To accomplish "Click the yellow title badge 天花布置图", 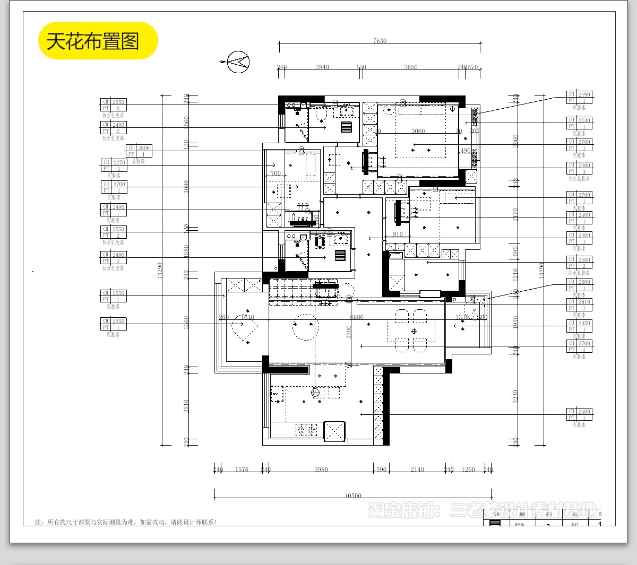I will [98, 41].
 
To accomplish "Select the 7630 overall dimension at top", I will [380, 41].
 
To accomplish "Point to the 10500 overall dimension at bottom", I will [353, 496].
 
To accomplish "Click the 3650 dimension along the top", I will [411, 67].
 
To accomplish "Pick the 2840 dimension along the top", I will [322, 67].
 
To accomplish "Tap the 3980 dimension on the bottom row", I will [321, 470].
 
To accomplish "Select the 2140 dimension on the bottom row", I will [417, 470].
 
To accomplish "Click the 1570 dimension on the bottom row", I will [242, 470].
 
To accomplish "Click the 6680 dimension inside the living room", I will [357, 317].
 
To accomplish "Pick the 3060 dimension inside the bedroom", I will [418, 131].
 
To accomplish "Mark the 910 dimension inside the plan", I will [398, 234].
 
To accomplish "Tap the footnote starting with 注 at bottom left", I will [126, 522].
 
